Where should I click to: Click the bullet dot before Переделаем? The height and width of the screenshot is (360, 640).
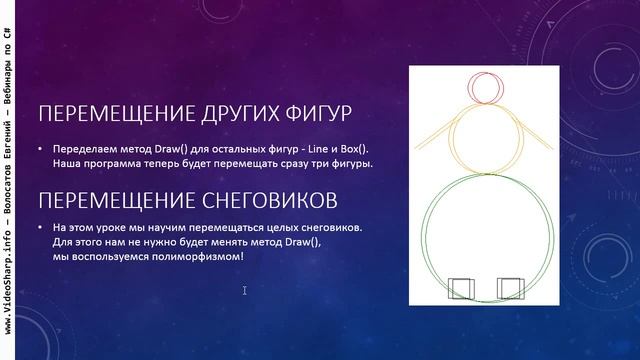point(41,149)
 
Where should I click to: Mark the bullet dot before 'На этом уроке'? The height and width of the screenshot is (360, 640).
point(41,228)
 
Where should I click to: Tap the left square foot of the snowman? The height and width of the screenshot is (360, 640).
point(461,289)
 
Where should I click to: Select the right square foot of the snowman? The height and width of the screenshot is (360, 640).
point(510,289)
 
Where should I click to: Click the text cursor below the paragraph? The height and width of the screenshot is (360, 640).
point(245,291)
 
